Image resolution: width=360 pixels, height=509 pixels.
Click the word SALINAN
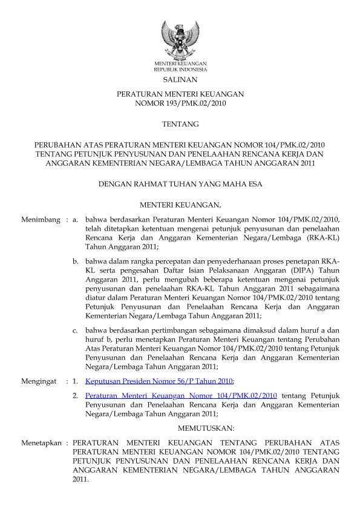pyautogui.click(x=180, y=79)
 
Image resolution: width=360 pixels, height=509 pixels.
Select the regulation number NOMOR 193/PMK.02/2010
pyautogui.click(x=180, y=103)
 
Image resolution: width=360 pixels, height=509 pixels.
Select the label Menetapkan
pyautogui.click(x=41, y=443)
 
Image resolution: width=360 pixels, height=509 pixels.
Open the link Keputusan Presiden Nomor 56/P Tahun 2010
pyautogui.click(x=159, y=381)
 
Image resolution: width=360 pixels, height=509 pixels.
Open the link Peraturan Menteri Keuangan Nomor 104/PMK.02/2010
pyautogui.click(x=182, y=395)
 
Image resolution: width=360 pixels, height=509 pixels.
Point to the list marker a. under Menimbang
pyautogui.click(x=75, y=219)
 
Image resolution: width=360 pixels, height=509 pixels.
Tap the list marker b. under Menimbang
pyautogui.click(x=75, y=261)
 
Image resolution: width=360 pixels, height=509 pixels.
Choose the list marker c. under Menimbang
pyautogui.click(x=75, y=330)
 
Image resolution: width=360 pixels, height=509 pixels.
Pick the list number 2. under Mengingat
pyautogui.click(x=75, y=395)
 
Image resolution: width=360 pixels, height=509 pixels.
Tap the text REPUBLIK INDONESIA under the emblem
pyautogui.click(x=180, y=70)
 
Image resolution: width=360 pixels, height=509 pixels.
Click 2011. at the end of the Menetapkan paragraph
pyautogui.click(x=80, y=479)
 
